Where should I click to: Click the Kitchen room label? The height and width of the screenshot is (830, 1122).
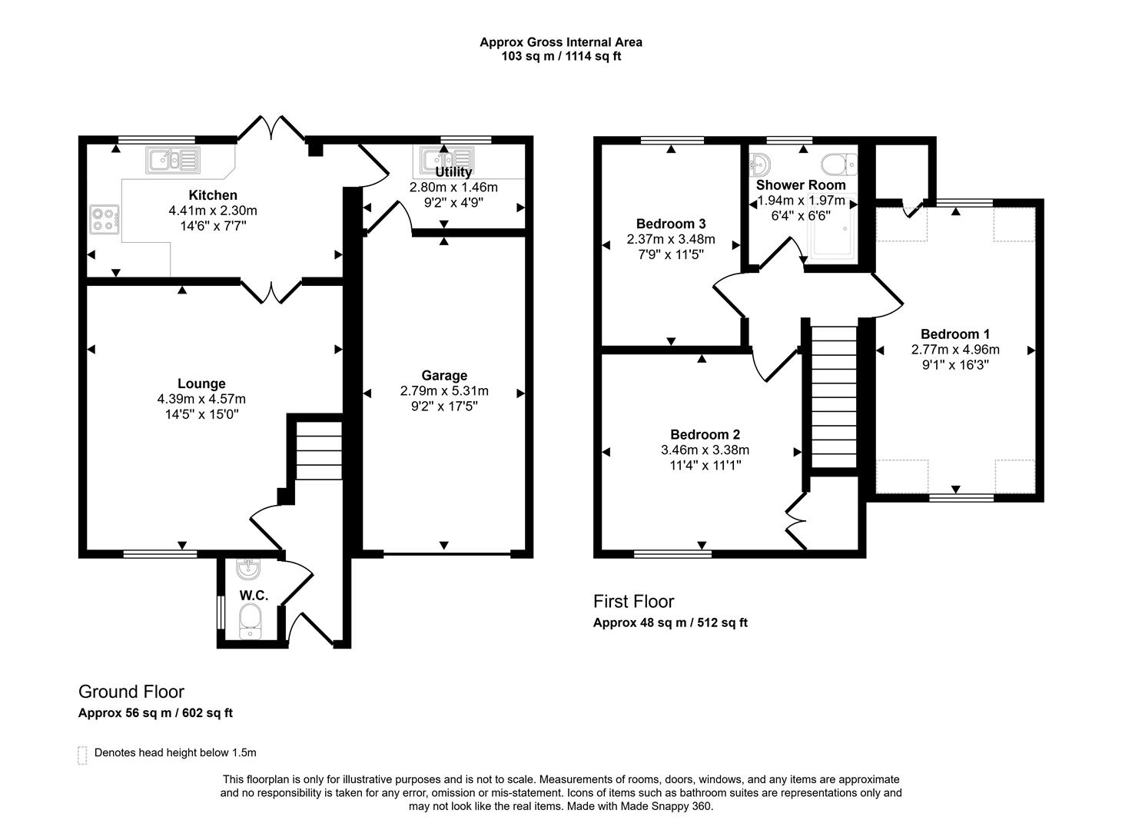(x=213, y=195)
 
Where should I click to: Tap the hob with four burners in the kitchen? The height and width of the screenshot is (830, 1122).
(x=105, y=220)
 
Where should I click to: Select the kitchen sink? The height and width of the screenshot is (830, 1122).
(x=173, y=160)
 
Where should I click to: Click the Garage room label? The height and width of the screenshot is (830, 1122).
(x=444, y=375)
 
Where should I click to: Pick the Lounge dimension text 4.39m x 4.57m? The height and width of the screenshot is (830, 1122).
(x=201, y=399)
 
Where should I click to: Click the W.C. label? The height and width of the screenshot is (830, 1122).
(x=253, y=595)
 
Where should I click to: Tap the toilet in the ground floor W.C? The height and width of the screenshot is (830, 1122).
(x=250, y=620)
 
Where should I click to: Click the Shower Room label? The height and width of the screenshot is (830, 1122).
(x=800, y=184)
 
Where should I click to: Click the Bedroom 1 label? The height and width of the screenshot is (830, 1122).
(x=954, y=334)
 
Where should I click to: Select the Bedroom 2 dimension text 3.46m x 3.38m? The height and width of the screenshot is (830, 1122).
(x=705, y=450)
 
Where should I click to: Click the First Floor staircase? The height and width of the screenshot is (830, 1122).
(x=834, y=397)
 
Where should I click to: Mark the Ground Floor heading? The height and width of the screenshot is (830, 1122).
(x=131, y=692)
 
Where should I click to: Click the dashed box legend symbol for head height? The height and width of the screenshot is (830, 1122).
(x=82, y=755)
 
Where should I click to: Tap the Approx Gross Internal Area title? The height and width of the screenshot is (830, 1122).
(x=561, y=42)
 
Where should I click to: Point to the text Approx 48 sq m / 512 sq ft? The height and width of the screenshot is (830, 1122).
(x=670, y=622)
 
